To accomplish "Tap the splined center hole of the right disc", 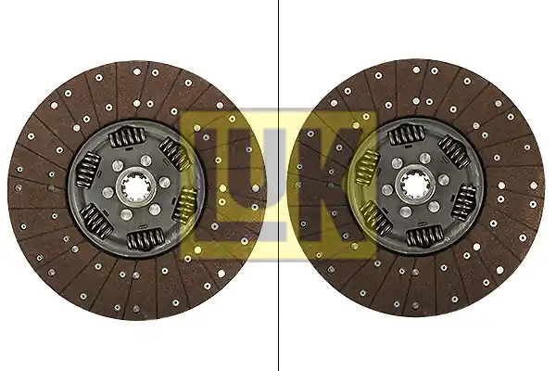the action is [415, 185].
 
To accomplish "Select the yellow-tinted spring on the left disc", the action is [185, 204].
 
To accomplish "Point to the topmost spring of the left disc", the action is [127, 136].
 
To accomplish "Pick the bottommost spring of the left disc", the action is [145, 239].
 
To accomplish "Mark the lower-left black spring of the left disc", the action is [96, 221].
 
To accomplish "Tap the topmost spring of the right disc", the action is [407, 134].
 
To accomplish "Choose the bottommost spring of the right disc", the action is [424, 236].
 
